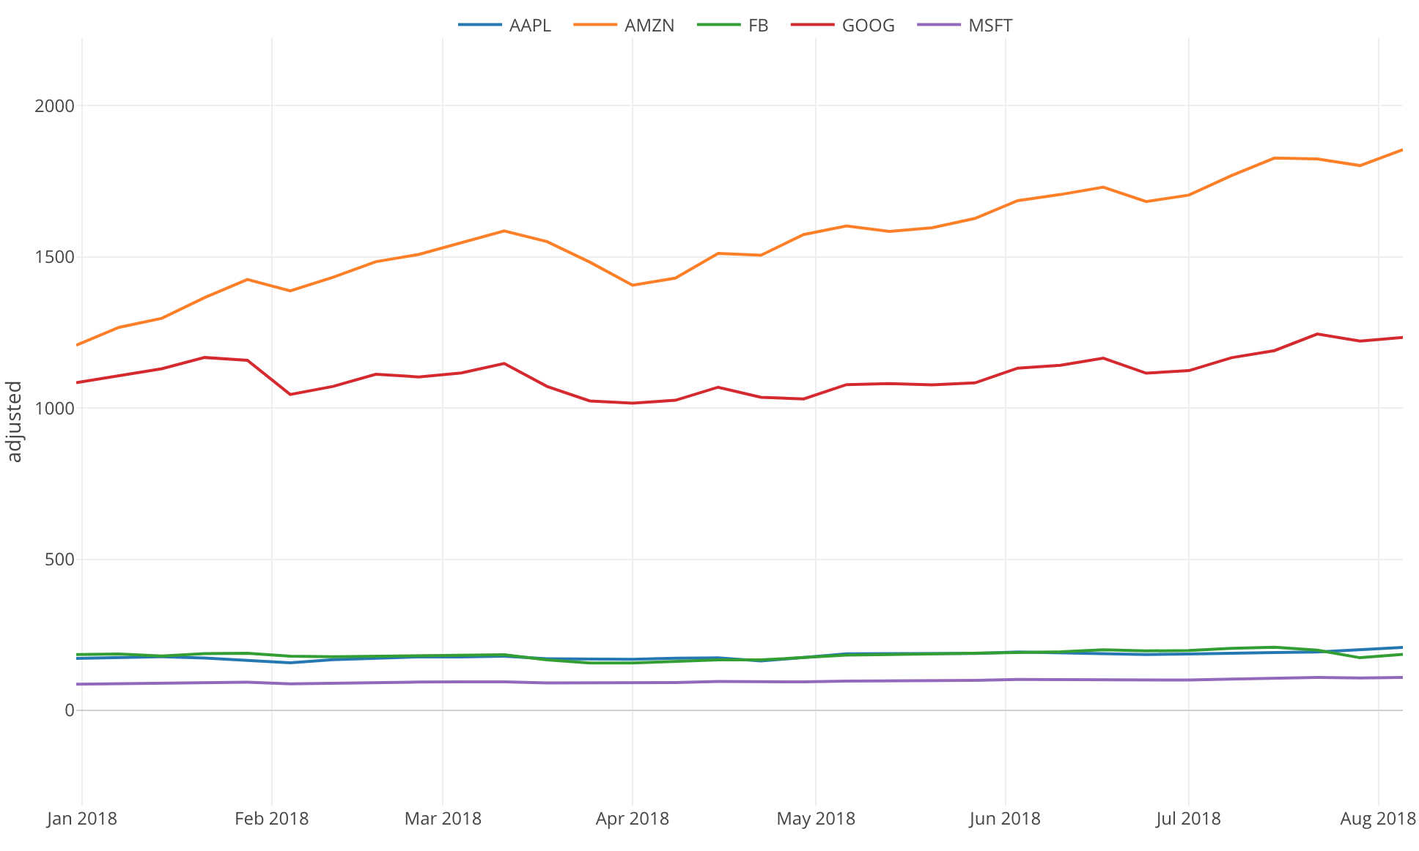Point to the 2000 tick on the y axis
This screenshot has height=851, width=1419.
tap(54, 105)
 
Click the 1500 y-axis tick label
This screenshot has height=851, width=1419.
tap(54, 257)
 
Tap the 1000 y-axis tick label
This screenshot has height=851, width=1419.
tap(54, 408)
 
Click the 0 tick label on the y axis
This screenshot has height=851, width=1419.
tap(70, 710)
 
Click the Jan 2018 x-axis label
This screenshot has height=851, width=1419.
tap(82, 819)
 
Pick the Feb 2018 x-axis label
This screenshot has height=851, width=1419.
tap(271, 819)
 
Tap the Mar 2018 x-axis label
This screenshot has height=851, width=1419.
tap(443, 819)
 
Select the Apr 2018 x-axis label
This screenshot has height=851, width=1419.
tap(632, 819)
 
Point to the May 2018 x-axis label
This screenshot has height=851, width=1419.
tap(816, 819)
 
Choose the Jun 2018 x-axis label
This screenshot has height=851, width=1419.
tap(1004, 819)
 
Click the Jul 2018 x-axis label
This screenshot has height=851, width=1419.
tap(1188, 819)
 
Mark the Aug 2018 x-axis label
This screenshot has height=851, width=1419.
tap(1378, 819)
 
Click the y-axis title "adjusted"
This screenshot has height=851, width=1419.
tap(15, 421)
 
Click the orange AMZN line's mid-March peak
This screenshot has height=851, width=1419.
tap(504, 231)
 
